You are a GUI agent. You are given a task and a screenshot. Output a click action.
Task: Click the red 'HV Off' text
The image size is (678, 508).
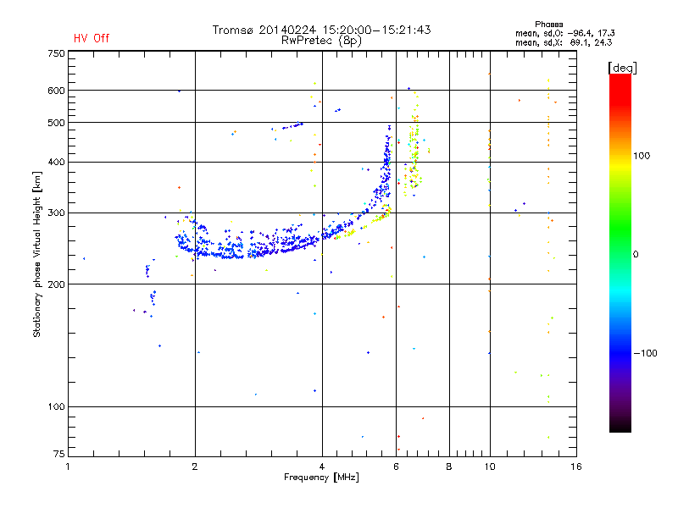point(91,38)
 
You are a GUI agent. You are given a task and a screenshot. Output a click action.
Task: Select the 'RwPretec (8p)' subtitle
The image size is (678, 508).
point(321,40)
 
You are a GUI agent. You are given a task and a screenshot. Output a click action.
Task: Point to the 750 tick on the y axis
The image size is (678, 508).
point(55,53)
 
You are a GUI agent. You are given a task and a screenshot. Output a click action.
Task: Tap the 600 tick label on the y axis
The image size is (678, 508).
point(55,91)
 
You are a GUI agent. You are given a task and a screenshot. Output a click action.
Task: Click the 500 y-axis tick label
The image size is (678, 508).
point(55,123)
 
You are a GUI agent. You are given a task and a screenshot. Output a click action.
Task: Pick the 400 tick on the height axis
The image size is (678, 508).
point(55,162)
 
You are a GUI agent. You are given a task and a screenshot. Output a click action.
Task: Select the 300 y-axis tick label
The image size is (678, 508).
point(55,213)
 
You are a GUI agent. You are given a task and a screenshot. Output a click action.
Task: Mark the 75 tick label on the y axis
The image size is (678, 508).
point(58,456)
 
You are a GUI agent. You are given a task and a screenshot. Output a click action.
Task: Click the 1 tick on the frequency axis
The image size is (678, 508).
point(69,467)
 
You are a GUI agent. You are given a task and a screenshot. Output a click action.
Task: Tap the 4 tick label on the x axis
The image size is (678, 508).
point(322,467)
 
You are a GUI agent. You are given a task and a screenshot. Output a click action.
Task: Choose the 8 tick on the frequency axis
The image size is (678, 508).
point(449,467)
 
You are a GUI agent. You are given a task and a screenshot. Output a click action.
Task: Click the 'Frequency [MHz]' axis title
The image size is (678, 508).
point(321,478)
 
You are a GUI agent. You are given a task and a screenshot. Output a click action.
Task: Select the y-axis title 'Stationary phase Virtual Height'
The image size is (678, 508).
point(37,255)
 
